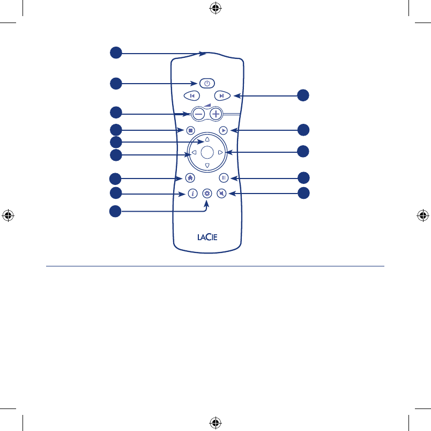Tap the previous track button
coord(191,96)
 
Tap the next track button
coord(222,96)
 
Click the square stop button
coord(190,130)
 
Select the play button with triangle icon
coord(224,130)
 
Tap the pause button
coord(224,177)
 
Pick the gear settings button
coord(207,194)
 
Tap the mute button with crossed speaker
coord(221,194)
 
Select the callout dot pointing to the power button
coord(116,83)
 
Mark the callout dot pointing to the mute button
coord(303,193)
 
